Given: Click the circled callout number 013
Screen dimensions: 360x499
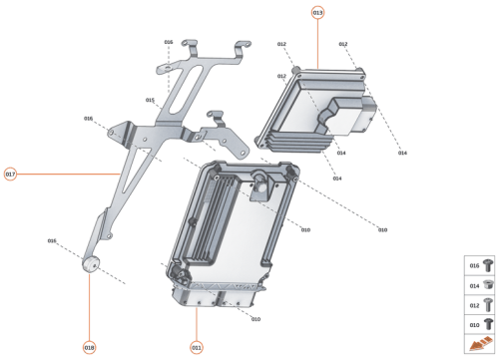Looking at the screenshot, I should (x=317, y=13).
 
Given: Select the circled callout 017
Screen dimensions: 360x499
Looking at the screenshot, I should (x=11, y=174).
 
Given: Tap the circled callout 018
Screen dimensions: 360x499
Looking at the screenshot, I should (x=89, y=347).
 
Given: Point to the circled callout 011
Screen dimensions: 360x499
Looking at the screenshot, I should (x=197, y=347).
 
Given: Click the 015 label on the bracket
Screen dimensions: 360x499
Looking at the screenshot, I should (x=150, y=100).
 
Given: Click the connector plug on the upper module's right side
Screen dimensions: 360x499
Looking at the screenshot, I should (x=368, y=115).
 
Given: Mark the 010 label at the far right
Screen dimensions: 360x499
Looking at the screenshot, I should (x=382, y=230).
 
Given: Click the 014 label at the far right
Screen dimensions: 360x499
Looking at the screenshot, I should (x=402, y=153).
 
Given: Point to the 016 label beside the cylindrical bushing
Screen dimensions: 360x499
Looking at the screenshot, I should (x=52, y=240).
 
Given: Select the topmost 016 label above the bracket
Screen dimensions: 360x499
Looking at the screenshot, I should (x=169, y=42).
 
